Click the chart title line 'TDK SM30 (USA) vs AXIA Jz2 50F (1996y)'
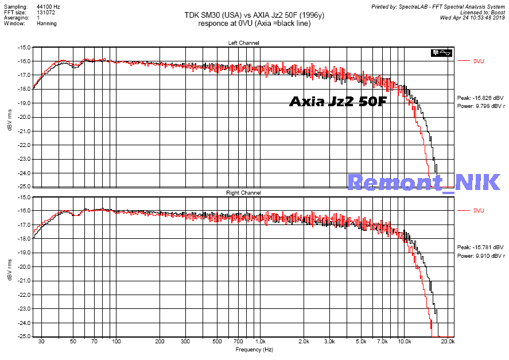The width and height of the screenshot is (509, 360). (254, 16)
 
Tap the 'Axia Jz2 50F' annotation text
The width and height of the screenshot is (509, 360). (338, 102)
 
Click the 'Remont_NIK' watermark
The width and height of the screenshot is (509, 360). (424, 182)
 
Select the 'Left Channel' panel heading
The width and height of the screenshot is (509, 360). (243, 43)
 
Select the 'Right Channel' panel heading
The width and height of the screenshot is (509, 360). (243, 193)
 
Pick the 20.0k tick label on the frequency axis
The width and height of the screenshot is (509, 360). (448, 342)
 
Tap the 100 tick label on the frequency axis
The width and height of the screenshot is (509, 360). (116, 342)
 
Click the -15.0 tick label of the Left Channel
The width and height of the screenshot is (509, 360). (24, 47)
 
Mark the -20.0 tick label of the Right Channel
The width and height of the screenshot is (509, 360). (24, 267)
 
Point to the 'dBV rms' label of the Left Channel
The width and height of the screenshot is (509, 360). (10, 117)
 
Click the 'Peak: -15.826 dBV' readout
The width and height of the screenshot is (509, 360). (481, 98)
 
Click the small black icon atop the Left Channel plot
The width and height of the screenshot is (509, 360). (444, 52)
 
